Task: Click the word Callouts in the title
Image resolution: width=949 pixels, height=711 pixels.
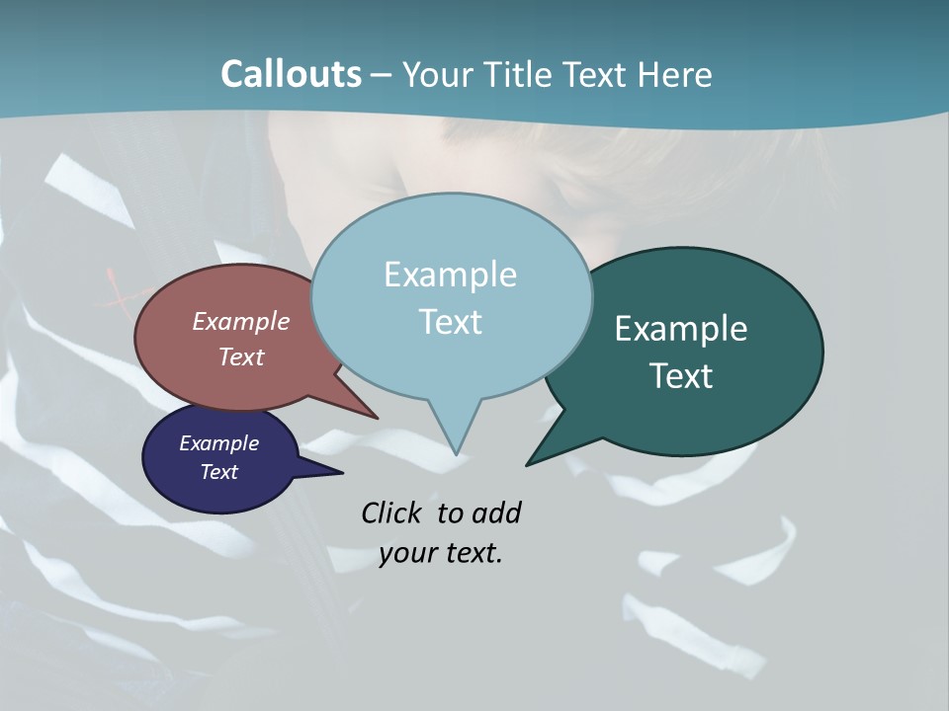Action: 291,74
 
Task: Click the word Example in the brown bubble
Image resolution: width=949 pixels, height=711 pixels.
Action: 241,321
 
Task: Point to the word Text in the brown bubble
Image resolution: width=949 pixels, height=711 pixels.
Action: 241,356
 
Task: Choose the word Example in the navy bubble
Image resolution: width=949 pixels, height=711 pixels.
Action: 218,443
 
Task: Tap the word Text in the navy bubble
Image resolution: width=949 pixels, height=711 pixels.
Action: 218,472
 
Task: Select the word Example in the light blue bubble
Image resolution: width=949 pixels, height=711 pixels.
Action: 450,275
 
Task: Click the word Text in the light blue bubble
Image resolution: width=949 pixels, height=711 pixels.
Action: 450,322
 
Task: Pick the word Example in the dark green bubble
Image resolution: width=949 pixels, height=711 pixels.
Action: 680,329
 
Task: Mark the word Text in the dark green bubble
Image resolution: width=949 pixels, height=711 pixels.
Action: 680,376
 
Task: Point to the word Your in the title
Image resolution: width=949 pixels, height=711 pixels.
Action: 436,74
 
